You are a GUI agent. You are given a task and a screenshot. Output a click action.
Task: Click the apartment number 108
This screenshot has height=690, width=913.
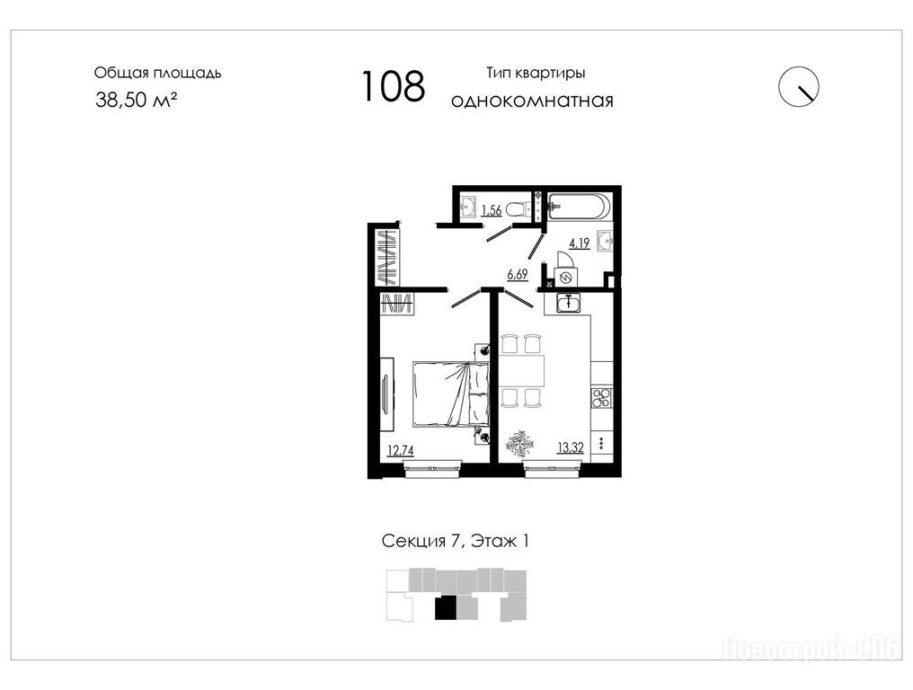click(x=394, y=86)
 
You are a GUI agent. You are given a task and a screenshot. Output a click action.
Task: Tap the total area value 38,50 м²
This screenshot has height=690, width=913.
click(x=137, y=100)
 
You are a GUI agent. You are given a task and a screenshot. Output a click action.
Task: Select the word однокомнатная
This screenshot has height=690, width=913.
click(x=532, y=101)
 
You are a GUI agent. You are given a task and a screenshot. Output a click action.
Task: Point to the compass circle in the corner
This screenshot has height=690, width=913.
click(x=799, y=86)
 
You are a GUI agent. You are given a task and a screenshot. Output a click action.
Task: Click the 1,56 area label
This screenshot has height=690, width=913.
click(x=492, y=210)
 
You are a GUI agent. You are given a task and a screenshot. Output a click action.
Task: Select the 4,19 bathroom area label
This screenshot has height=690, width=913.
click(x=580, y=243)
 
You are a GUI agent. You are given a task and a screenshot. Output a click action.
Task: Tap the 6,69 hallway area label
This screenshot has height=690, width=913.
click(x=517, y=274)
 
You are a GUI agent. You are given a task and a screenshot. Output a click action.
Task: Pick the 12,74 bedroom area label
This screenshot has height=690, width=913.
click(x=401, y=450)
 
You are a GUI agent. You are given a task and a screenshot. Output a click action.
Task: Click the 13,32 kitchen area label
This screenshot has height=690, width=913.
click(x=571, y=447)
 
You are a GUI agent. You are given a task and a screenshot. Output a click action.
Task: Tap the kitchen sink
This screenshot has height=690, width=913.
click(x=568, y=303)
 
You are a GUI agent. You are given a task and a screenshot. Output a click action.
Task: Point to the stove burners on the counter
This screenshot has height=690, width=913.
click(x=601, y=399)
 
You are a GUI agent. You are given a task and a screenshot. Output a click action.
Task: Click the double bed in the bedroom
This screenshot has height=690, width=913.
click(x=451, y=394)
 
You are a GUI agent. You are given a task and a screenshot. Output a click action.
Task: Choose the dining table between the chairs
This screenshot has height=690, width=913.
click(x=522, y=370)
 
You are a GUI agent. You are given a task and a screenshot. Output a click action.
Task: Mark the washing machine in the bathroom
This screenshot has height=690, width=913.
click(x=565, y=278)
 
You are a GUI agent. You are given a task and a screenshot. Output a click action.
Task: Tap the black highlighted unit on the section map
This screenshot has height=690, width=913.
click(x=446, y=608)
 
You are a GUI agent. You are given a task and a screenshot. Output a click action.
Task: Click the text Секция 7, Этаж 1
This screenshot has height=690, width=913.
click(x=456, y=541)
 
